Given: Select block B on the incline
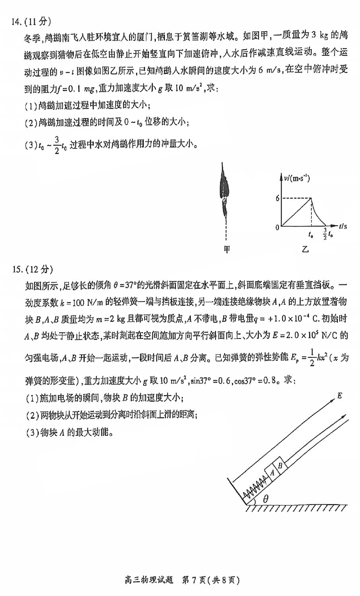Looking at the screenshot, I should click(x=279, y=465).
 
